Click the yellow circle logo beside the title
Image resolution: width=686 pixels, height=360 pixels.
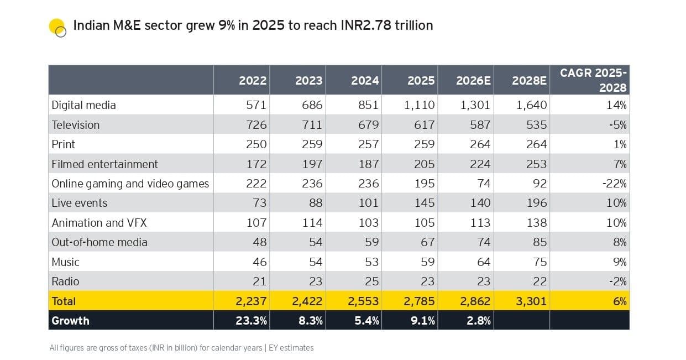[x=57, y=27]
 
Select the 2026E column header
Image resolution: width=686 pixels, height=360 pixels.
[x=473, y=81]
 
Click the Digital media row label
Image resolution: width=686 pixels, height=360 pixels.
[x=83, y=105]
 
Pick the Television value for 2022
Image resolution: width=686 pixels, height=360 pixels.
[x=253, y=125]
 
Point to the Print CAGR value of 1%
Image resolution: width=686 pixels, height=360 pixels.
[x=620, y=144]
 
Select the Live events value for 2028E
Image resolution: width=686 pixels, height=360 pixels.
[x=536, y=203]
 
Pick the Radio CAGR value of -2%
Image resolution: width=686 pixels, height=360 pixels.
[x=619, y=281]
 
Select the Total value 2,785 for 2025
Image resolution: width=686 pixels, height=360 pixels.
[x=418, y=301]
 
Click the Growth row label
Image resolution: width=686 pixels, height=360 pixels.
[x=70, y=321]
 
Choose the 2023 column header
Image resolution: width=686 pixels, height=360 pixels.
[x=308, y=81]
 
